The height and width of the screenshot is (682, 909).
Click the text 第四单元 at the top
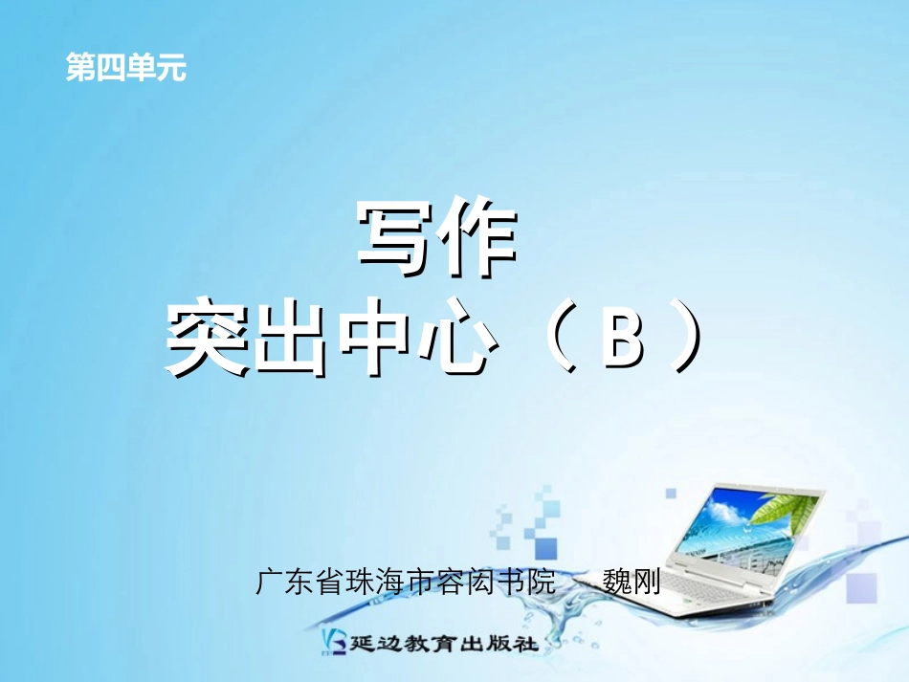(125, 68)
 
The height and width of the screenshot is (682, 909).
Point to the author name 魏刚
(632, 582)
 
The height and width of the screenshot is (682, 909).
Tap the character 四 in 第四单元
(110, 68)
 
